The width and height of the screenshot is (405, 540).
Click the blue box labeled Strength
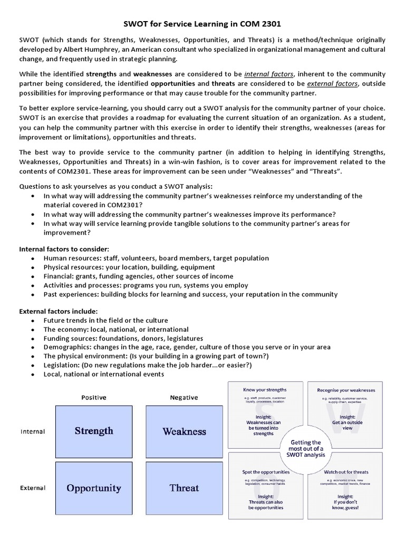tap(94, 431)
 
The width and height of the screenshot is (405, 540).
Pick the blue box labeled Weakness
tap(184, 431)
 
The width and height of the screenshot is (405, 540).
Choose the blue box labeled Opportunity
tap(94, 488)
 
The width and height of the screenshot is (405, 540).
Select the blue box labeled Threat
tap(184, 488)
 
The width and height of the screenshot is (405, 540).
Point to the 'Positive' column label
tap(93, 398)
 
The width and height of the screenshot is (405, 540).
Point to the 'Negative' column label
tap(184, 398)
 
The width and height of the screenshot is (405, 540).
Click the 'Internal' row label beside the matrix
tap(33, 431)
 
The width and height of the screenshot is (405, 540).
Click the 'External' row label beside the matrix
tap(33, 488)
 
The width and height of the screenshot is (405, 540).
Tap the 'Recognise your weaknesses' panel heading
tap(346, 390)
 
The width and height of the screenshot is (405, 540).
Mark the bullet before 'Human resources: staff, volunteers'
tap(33, 258)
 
